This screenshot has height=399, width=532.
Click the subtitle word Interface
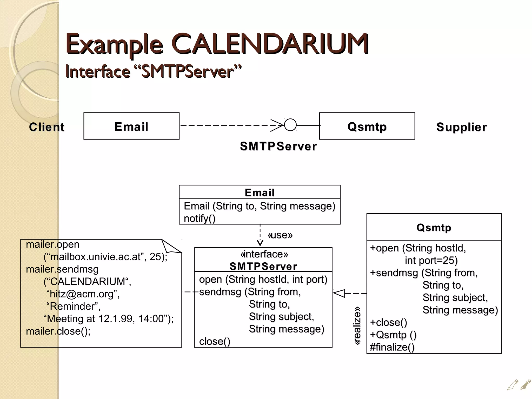98,72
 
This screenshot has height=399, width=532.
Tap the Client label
46,127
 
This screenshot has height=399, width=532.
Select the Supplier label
461,127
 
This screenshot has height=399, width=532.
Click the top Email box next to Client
131,126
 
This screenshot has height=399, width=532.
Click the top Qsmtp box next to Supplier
367,126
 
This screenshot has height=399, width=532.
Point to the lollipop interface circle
290,125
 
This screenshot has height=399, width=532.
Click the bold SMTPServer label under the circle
278,146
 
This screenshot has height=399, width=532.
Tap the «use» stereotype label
280,235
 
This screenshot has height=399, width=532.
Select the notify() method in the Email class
199,218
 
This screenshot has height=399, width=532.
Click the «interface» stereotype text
264,254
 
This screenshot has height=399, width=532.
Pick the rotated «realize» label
357,326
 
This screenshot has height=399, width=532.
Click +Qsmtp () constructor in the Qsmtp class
393,335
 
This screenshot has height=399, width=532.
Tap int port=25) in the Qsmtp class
431,260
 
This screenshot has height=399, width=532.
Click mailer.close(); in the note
58,331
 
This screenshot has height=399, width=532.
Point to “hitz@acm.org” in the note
83,294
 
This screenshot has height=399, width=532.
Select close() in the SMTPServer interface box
215,341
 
